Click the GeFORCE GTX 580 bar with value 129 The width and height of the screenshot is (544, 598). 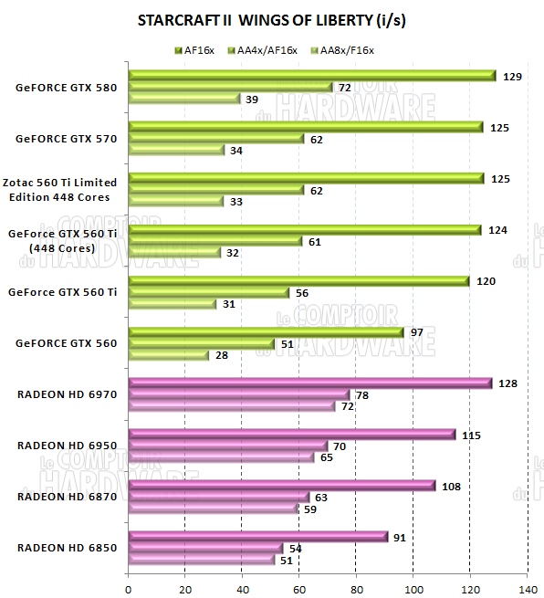point(311,76)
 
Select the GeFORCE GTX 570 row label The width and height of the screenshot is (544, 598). point(65,140)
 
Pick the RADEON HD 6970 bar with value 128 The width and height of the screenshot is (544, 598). point(309,383)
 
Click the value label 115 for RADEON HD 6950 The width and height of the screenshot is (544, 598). point(471,435)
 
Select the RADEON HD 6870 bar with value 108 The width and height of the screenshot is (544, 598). point(281,486)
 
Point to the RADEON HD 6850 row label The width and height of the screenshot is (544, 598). point(67,548)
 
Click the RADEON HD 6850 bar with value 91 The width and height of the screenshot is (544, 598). point(257,537)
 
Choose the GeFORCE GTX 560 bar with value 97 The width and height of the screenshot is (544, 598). point(266,332)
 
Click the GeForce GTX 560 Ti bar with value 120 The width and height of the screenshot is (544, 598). point(298,281)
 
